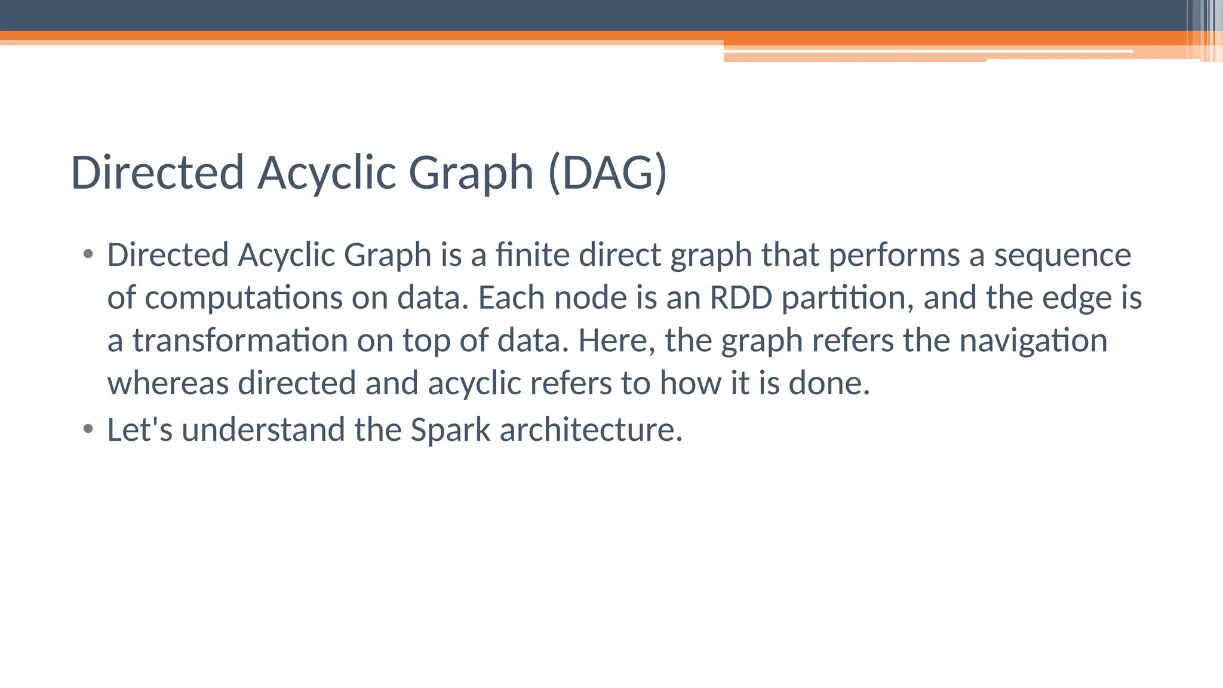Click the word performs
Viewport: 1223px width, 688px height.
894,255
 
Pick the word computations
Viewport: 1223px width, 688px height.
244,297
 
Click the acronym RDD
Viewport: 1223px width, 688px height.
740,297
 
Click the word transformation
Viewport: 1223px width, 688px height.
239,340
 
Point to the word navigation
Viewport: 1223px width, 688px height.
1033,340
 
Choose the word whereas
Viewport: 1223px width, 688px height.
168,383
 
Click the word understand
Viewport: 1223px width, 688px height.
263,429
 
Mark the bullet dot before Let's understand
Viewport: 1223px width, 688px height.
88,429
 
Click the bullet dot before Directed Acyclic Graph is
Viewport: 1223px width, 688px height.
88,254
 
